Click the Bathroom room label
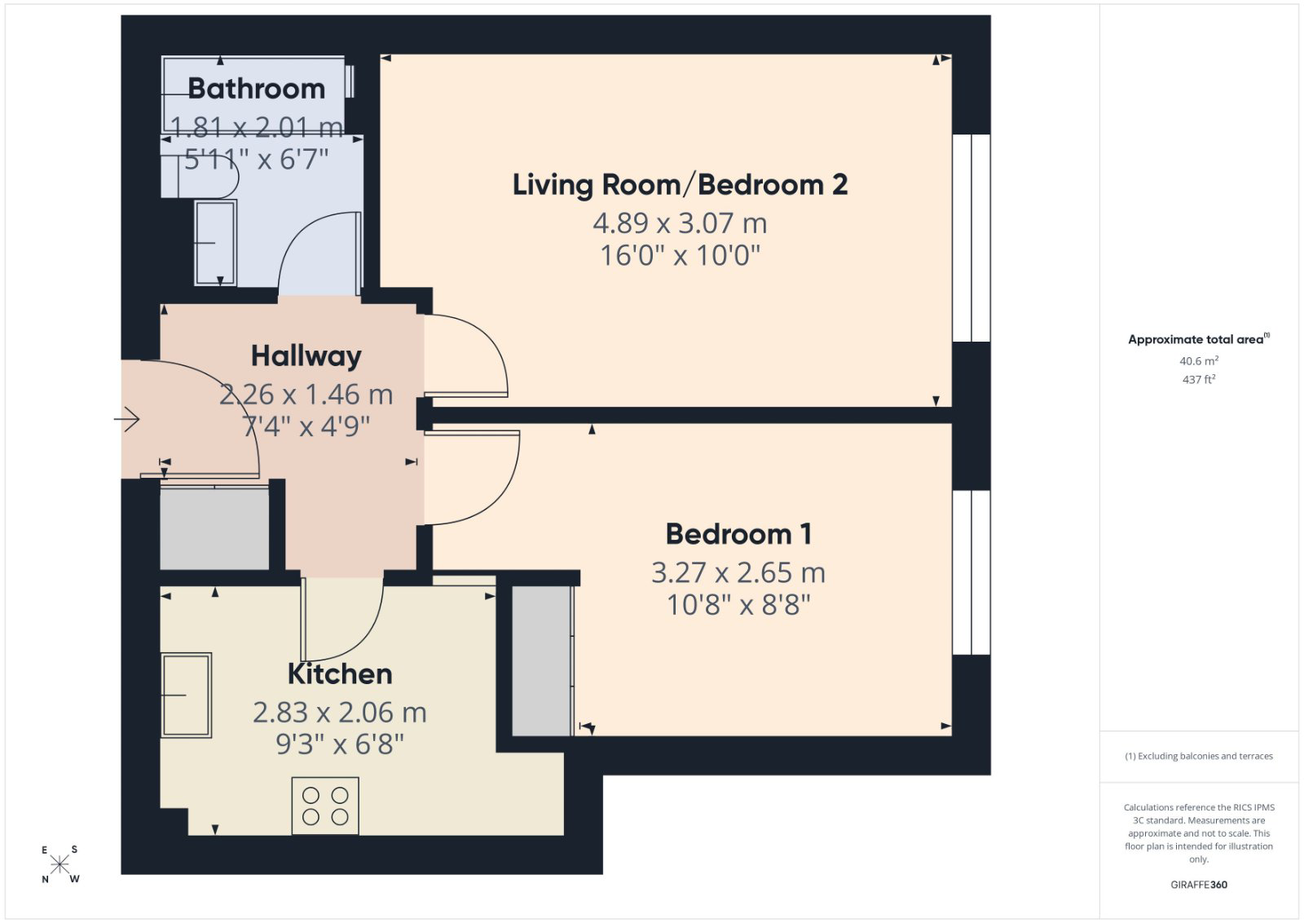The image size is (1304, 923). point(256,89)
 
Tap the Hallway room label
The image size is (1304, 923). point(306,356)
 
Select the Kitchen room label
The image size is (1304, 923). point(340,673)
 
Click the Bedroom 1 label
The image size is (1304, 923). point(738,534)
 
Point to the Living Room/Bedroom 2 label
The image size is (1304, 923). point(680,184)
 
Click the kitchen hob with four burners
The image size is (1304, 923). point(325,806)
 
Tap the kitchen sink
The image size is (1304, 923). point(187,696)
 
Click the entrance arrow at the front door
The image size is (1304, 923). point(127,419)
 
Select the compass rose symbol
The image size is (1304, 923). point(59,865)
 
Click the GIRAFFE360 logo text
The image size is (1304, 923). point(1199,885)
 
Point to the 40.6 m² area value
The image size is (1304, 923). point(1199,361)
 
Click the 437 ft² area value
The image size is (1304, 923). point(1199,380)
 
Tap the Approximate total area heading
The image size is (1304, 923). point(1199,339)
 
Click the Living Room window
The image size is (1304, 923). point(971,238)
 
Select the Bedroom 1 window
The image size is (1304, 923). point(971,572)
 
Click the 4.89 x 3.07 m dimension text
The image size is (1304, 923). point(680,223)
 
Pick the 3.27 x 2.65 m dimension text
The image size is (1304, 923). point(738,572)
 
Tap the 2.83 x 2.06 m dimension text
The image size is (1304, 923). point(340,712)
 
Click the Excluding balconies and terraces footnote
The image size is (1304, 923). point(1199,757)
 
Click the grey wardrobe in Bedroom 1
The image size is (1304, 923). point(542,661)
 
